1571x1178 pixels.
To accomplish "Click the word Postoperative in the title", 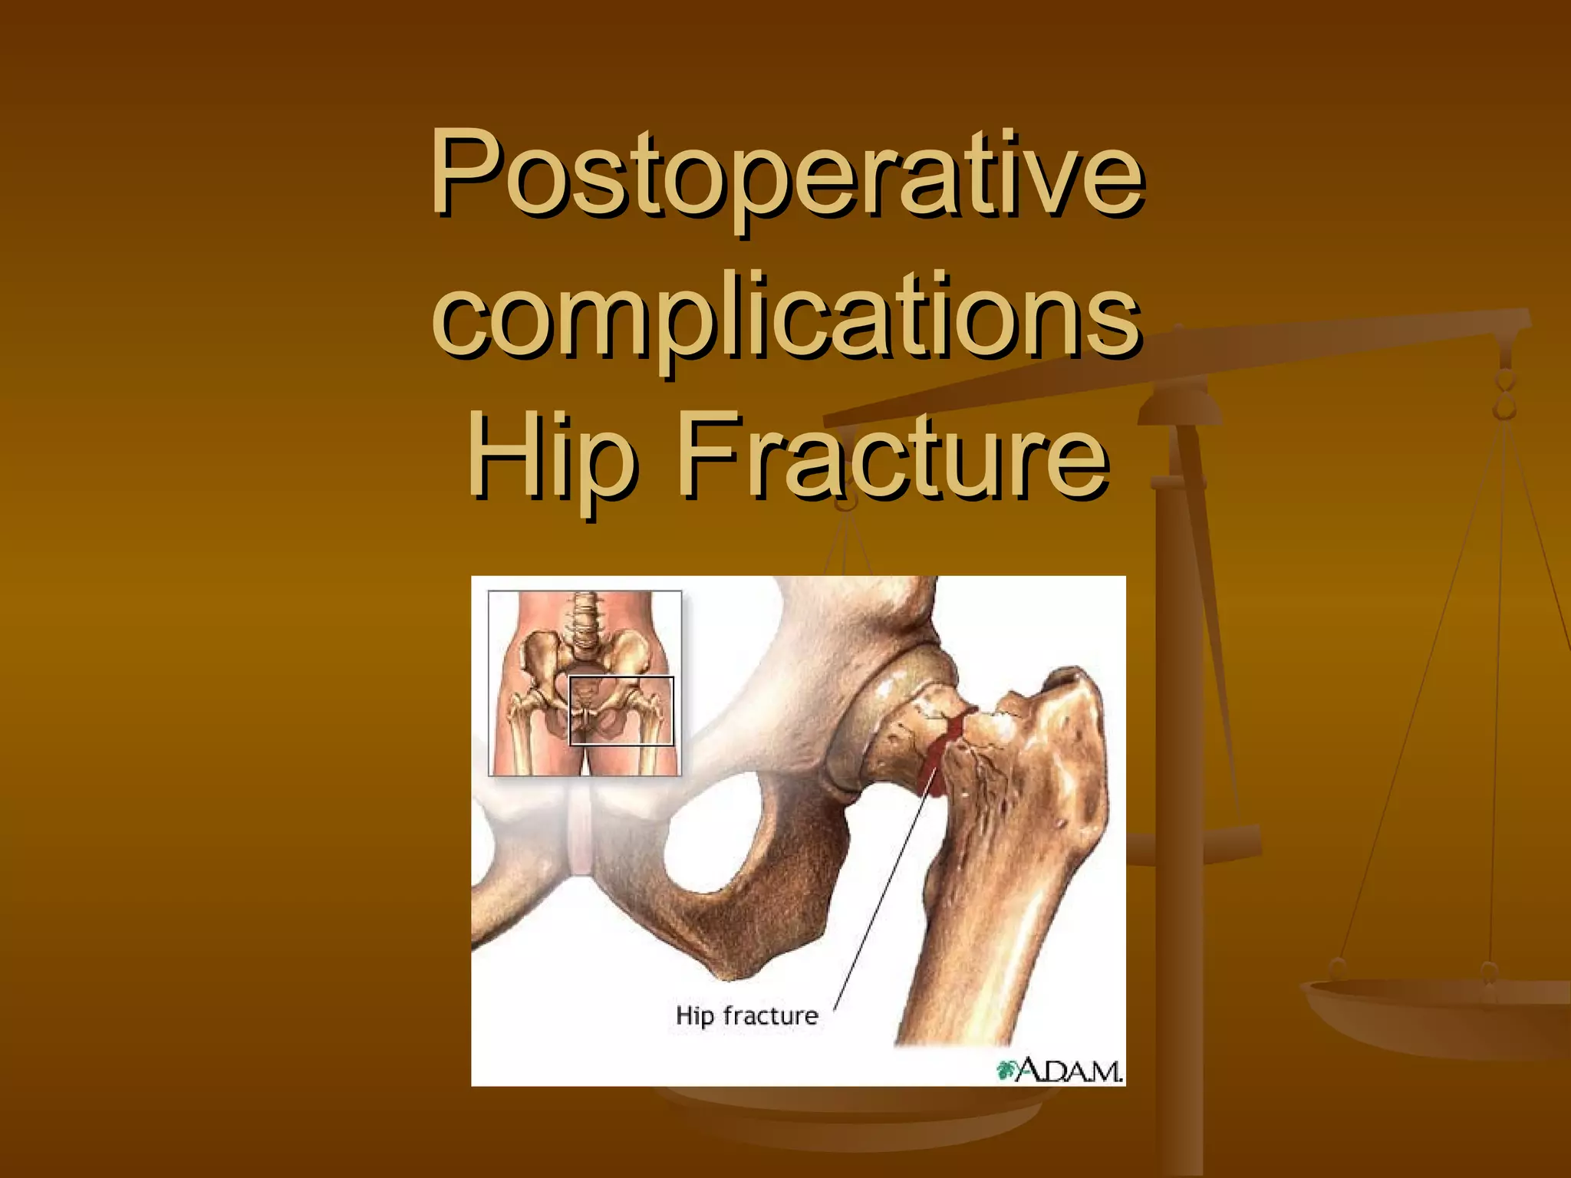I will tap(786, 175).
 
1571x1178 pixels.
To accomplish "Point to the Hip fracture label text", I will tap(746, 1015).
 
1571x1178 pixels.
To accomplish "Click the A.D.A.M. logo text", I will tap(1070, 1071).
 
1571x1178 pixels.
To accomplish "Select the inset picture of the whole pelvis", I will tap(585, 683).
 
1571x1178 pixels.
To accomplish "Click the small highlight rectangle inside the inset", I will tap(621, 711).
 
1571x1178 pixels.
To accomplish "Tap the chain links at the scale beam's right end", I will tap(1505, 395).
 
